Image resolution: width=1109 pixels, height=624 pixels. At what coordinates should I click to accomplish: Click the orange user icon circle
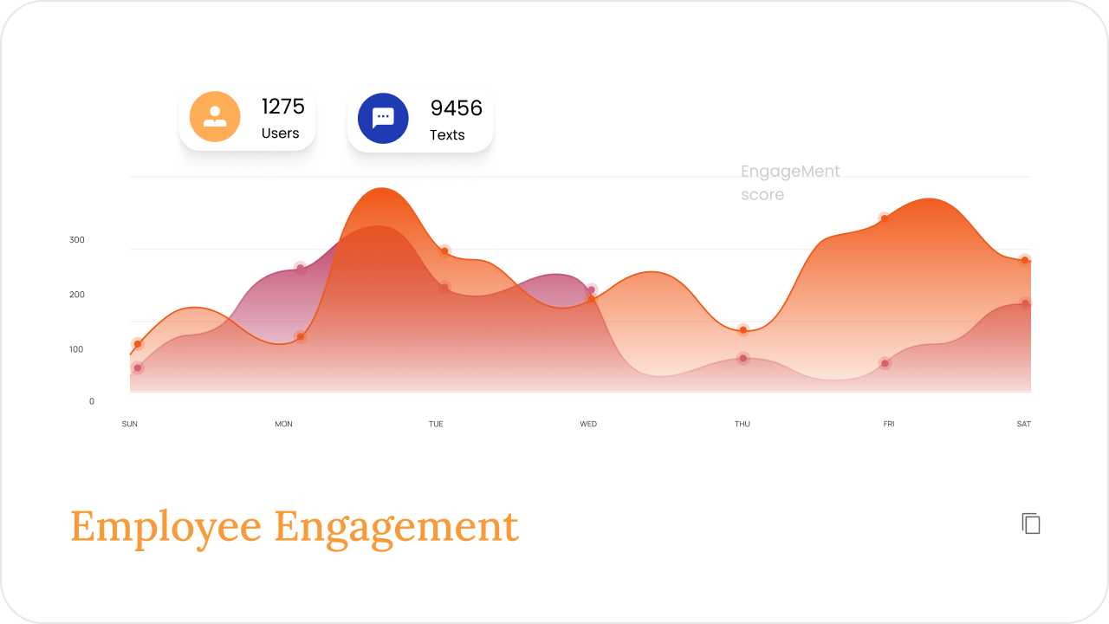pyautogui.click(x=215, y=117)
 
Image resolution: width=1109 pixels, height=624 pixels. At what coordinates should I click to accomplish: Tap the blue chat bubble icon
pyautogui.click(x=383, y=119)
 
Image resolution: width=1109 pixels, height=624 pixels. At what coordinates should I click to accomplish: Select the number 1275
pyautogui.click(x=282, y=107)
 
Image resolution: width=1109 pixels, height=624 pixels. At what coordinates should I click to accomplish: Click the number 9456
pyautogui.click(x=456, y=108)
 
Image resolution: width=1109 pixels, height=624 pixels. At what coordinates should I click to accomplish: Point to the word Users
pyautogui.click(x=280, y=133)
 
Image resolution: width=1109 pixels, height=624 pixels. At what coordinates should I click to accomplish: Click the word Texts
pyautogui.click(x=447, y=134)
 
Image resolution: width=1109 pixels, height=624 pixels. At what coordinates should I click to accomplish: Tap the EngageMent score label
pyautogui.click(x=790, y=183)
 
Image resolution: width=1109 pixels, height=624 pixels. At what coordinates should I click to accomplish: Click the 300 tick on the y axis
pyautogui.click(x=77, y=240)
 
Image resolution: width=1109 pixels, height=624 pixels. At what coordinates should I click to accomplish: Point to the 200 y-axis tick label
pyautogui.click(x=77, y=295)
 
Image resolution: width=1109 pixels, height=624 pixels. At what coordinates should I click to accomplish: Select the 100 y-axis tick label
pyautogui.click(x=76, y=349)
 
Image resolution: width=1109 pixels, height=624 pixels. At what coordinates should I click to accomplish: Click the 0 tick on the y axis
pyautogui.click(x=92, y=401)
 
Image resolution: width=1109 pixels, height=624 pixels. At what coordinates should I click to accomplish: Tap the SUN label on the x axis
pyautogui.click(x=130, y=424)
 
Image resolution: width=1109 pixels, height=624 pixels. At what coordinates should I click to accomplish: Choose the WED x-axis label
pyautogui.click(x=588, y=424)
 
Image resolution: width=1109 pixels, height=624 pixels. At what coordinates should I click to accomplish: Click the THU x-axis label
pyautogui.click(x=743, y=424)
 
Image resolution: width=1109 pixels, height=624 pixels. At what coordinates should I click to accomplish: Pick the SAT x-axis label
pyautogui.click(x=1024, y=424)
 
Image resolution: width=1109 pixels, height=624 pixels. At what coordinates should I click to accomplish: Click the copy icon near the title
pyautogui.click(x=1031, y=523)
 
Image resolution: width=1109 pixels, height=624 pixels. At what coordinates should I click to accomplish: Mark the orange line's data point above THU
pyautogui.click(x=743, y=330)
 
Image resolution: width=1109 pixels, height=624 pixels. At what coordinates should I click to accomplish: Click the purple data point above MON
pyautogui.click(x=300, y=269)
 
